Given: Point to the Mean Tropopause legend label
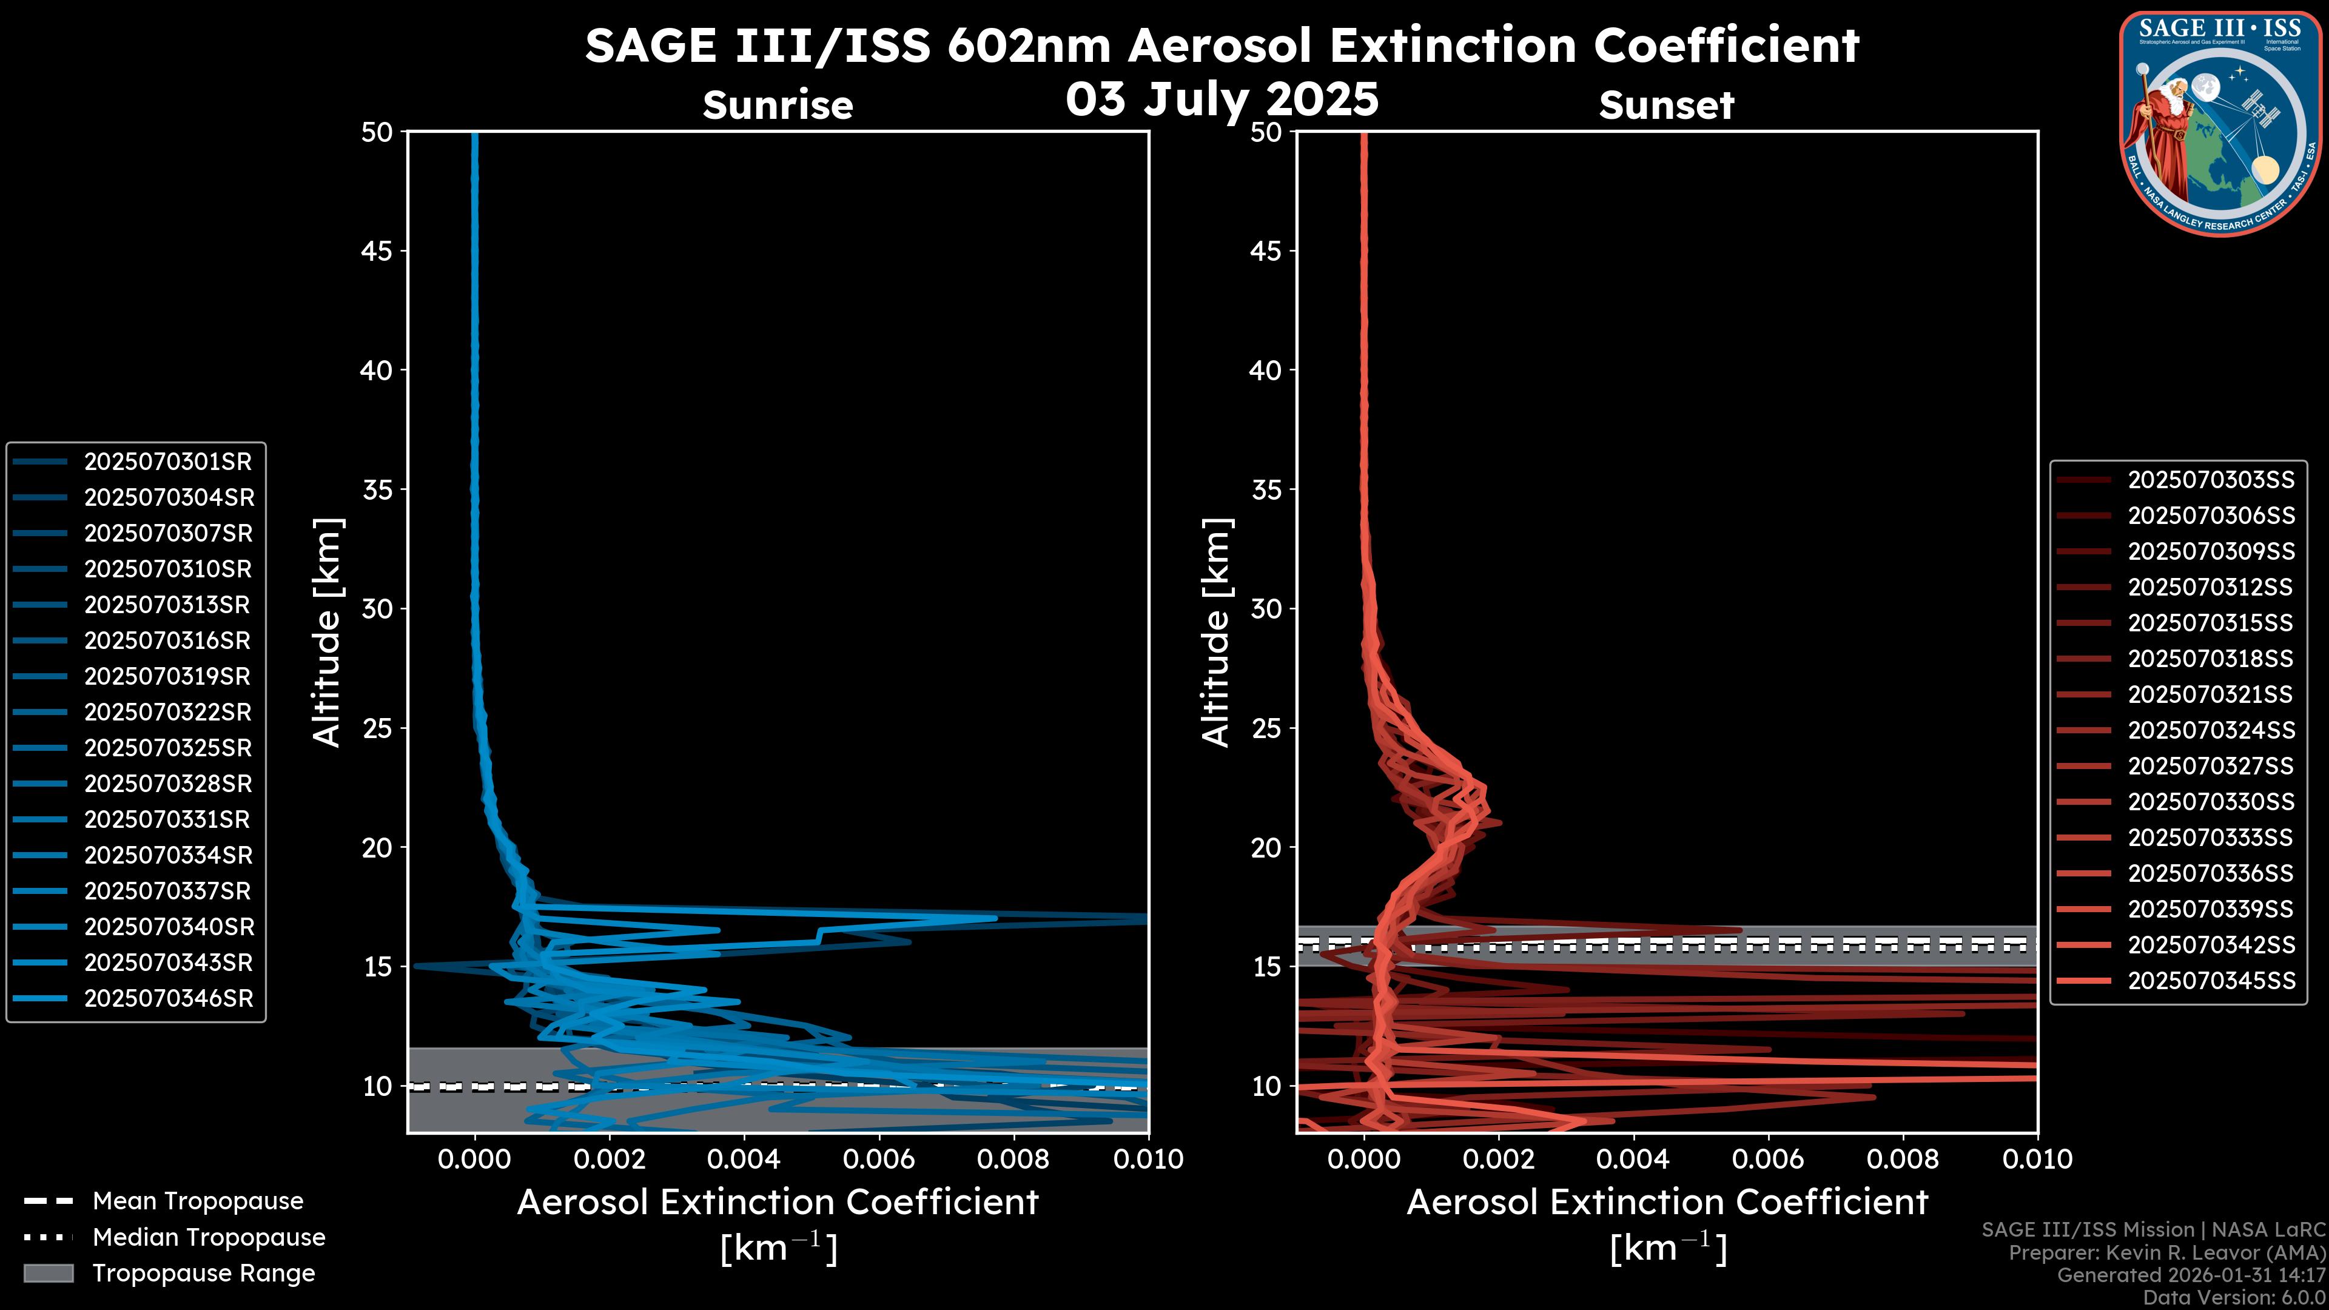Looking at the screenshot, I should (x=198, y=1201).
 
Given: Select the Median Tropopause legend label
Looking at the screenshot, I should (x=209, y=1238).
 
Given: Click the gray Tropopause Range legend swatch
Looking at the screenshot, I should (x=48, y=1274).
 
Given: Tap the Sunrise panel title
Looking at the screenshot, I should (x=778, y=106).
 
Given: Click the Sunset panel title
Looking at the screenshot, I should (x=1666, y=106).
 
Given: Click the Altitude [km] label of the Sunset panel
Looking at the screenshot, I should (x=1216, y=632).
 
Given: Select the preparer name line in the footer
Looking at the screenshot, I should (x=2166, y=1253).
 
